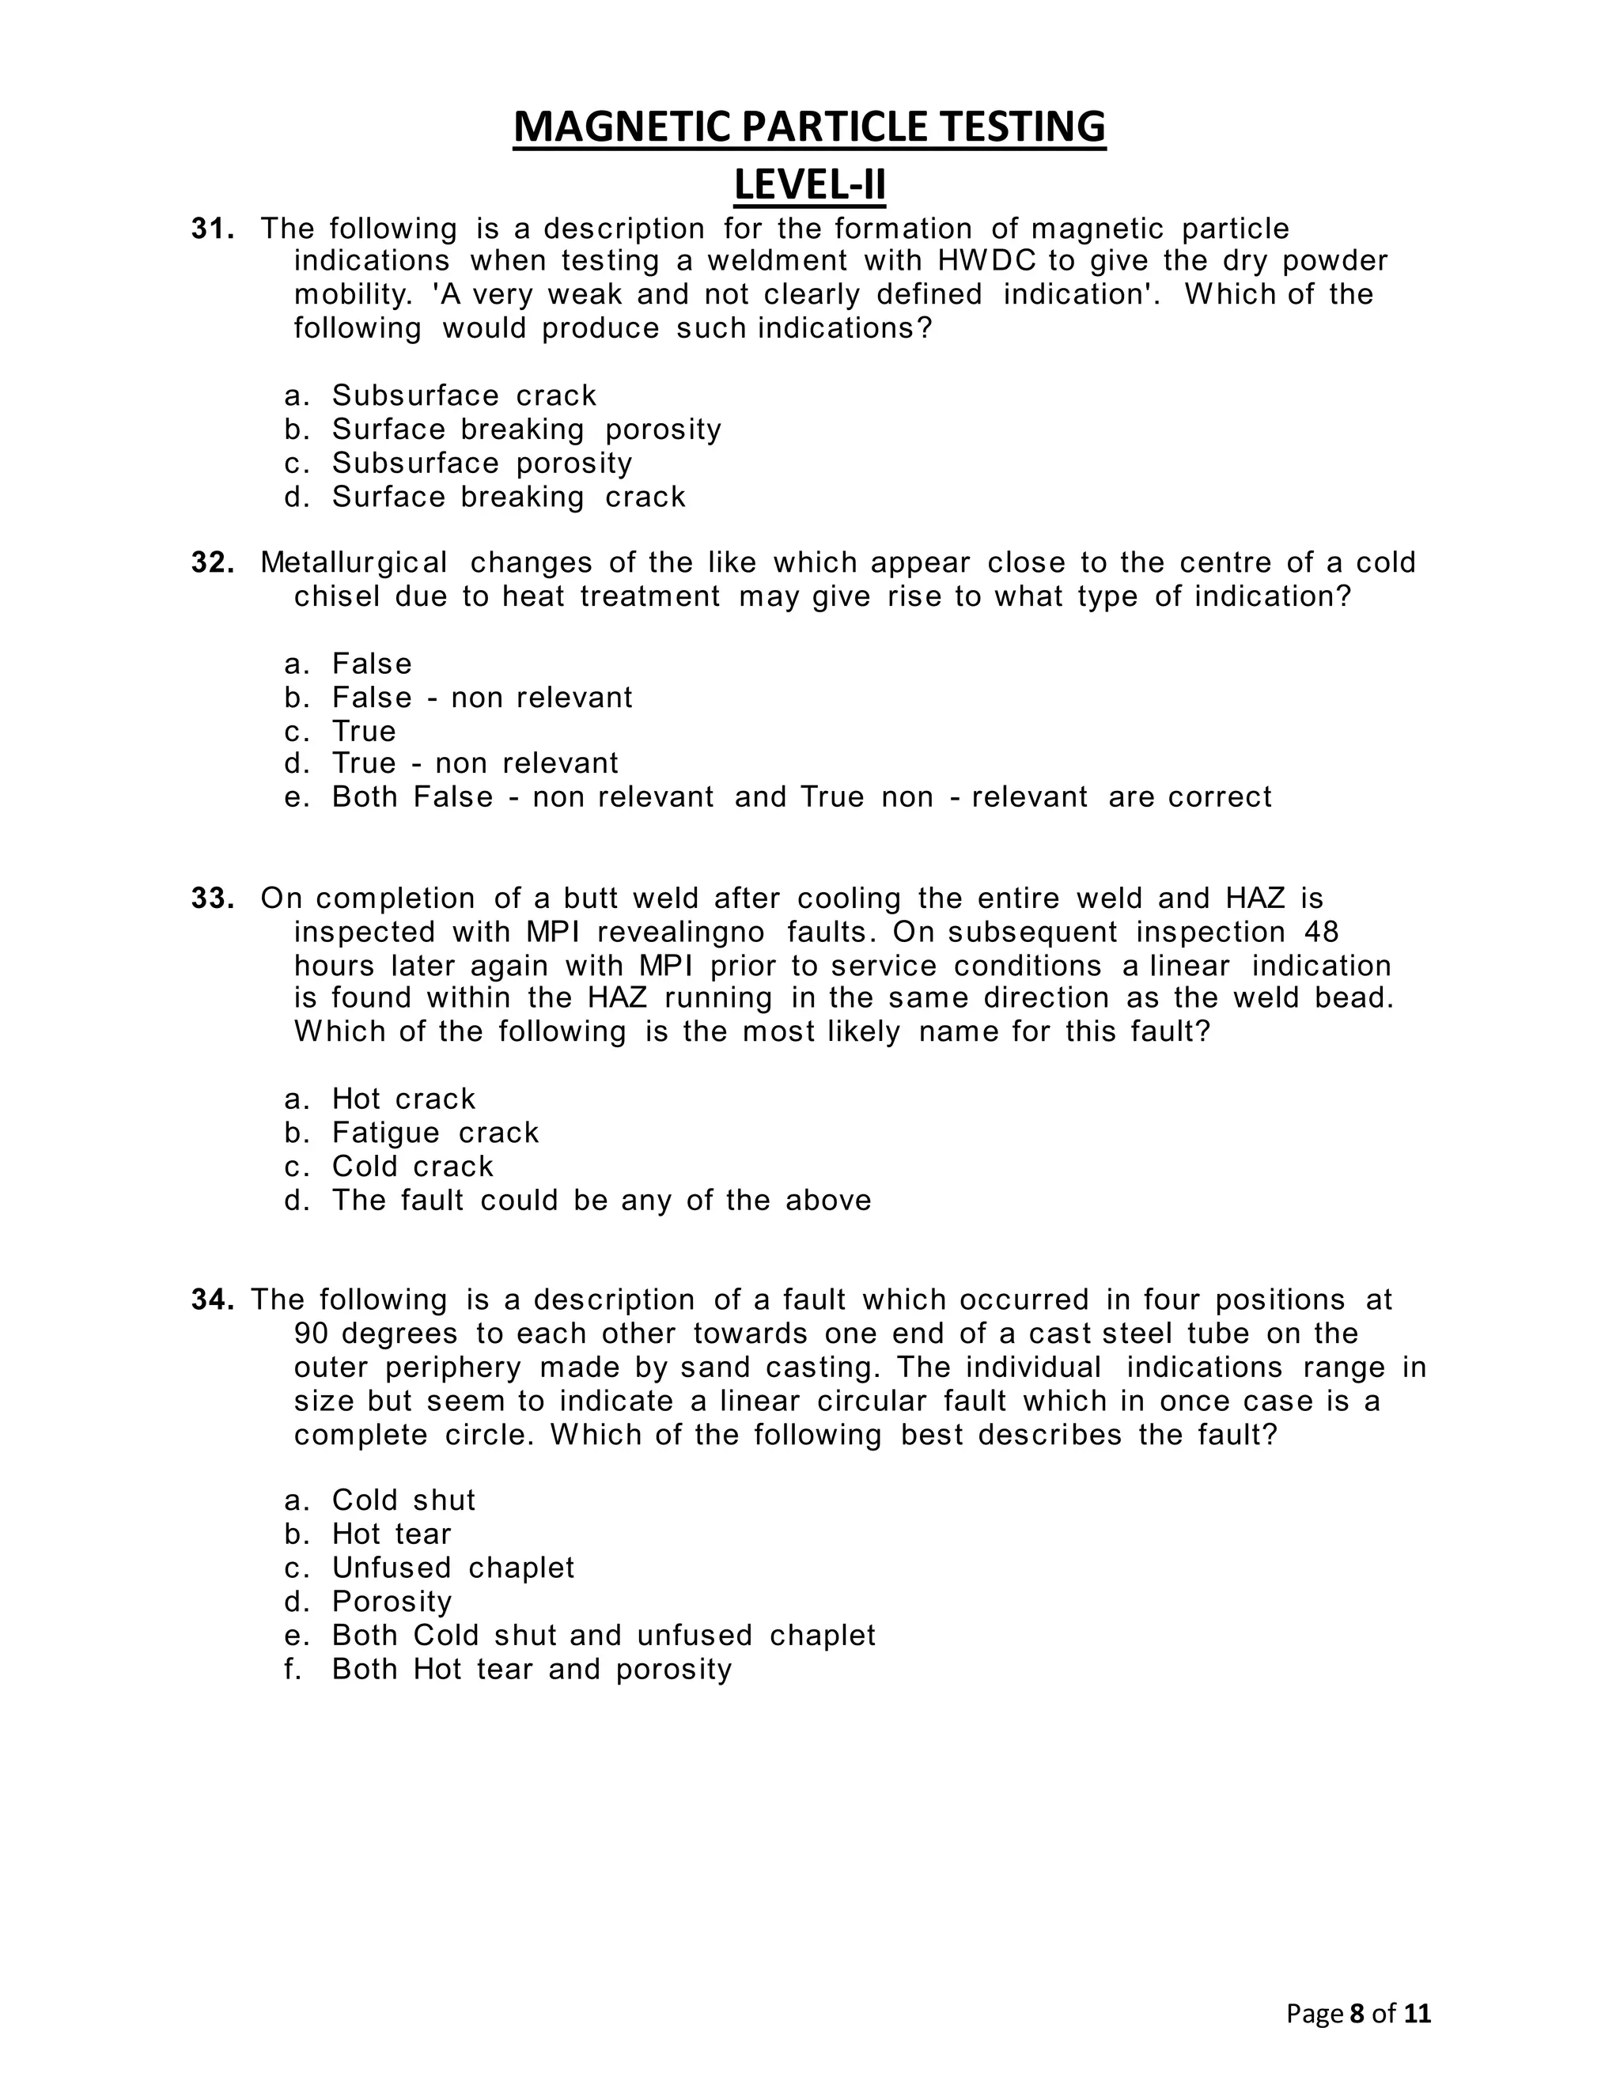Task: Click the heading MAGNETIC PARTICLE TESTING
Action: (x=809, y=127)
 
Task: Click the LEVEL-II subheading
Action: (x=809, y=184)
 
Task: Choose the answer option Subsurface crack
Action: (x=464, y=395)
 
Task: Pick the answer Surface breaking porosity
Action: (x=526, y=429)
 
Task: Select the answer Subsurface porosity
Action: (x=482, y=463)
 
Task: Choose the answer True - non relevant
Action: (x=475, y=763)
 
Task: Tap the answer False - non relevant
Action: (x=482, y=697)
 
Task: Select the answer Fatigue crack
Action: (x=435, y=1133)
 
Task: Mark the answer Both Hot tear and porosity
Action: (x=532, y=1669)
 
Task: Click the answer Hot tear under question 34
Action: (x=392, y=1534)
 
